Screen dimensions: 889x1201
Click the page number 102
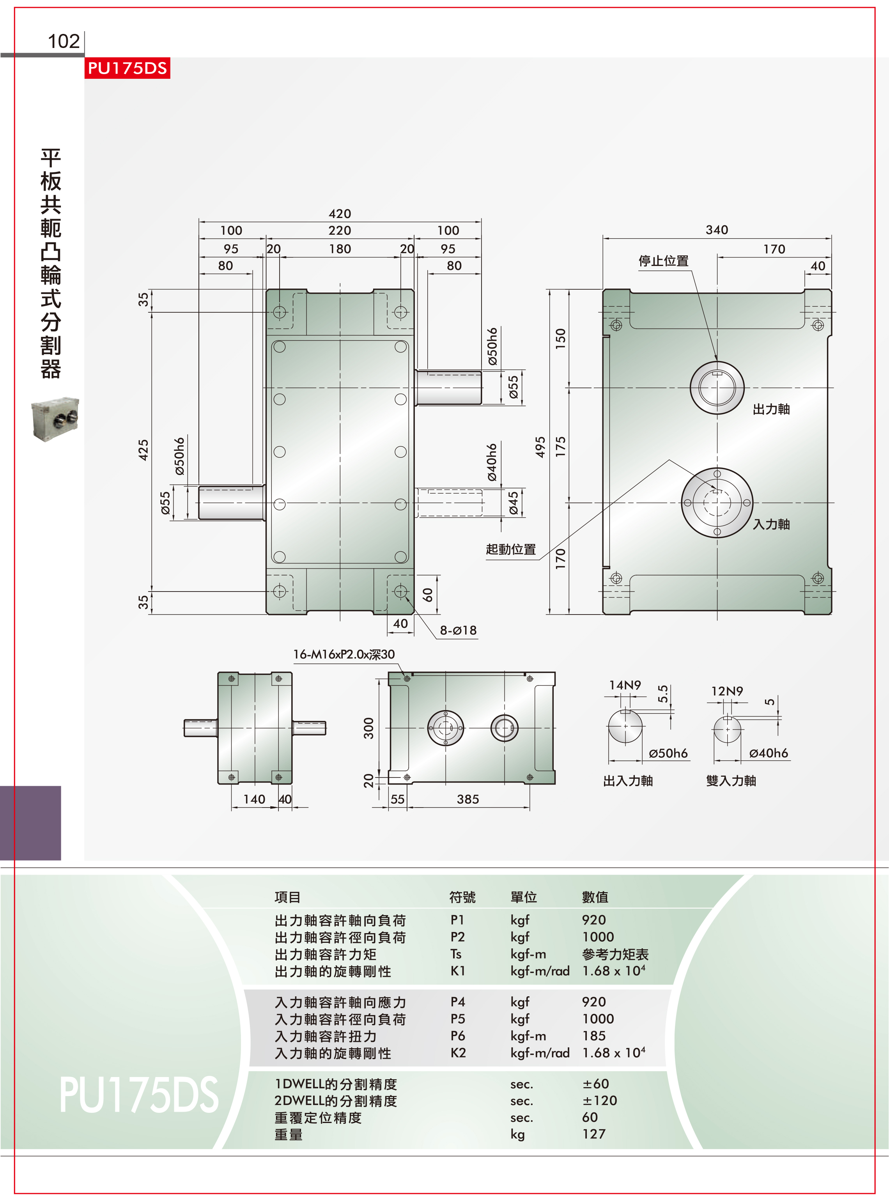[64, 41]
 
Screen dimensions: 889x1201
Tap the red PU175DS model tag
[127, 68]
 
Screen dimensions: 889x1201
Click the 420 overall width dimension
[340, 214]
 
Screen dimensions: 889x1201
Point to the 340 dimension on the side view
[717, 230]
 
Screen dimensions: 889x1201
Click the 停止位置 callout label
[664, 261]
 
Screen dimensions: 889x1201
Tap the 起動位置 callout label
[511, 549]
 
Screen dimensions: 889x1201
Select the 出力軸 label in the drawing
[771, 409]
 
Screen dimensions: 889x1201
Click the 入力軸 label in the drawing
[771, 524]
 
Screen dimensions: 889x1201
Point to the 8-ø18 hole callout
[459, 630]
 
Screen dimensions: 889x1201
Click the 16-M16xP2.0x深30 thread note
[344, 654]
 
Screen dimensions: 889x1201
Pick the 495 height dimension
[540, 447]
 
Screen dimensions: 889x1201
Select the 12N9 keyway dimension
[727, 691]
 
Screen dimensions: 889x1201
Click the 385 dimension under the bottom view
[468, 799]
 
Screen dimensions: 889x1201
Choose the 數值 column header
[595, 897]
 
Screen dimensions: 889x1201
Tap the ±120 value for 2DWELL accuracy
[599, 1100]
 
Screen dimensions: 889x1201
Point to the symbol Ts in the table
[456, 954]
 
